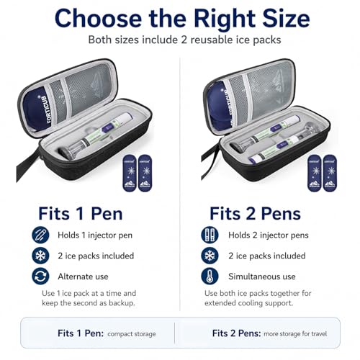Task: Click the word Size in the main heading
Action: coord(286,19)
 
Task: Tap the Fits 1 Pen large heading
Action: coord(81,213)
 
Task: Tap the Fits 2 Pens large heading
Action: coord(255,213)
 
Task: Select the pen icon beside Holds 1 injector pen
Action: coord(40,235)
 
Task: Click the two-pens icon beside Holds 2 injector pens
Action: coord(210,235)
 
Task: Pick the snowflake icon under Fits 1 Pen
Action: coord(40,256)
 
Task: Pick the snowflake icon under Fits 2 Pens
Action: coord(210,256)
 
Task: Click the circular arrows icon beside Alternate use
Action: coord(40,276)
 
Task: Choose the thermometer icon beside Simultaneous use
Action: coord(210,276)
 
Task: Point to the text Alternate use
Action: coord(83,276)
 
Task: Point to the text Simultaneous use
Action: coord(262,276)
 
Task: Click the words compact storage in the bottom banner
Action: coord(132,334)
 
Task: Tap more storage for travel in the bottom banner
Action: coord(295,334)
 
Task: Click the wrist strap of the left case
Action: coord(26,163)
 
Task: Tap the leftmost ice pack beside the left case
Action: coord(130,174)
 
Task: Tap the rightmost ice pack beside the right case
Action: coord(330,174)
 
